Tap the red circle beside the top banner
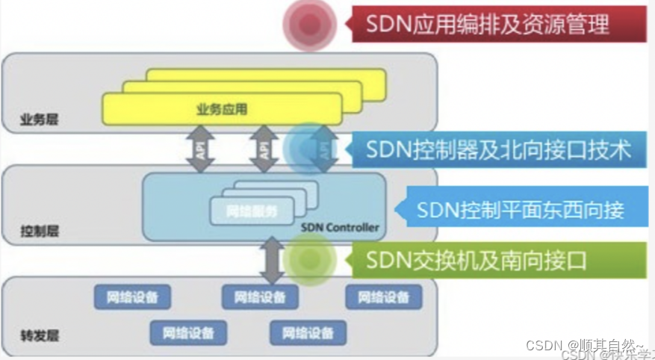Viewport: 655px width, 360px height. (x=307, y=25)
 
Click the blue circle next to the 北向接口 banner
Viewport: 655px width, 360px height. (x=308, y=148)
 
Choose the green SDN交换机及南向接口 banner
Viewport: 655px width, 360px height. (x=490, y=260)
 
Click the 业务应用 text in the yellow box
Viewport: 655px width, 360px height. (x=222, y=110)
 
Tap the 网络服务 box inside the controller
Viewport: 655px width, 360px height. (x=243, y=212)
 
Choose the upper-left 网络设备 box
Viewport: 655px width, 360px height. (x=132, y=297)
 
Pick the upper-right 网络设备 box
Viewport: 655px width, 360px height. (x=383, y=297)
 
